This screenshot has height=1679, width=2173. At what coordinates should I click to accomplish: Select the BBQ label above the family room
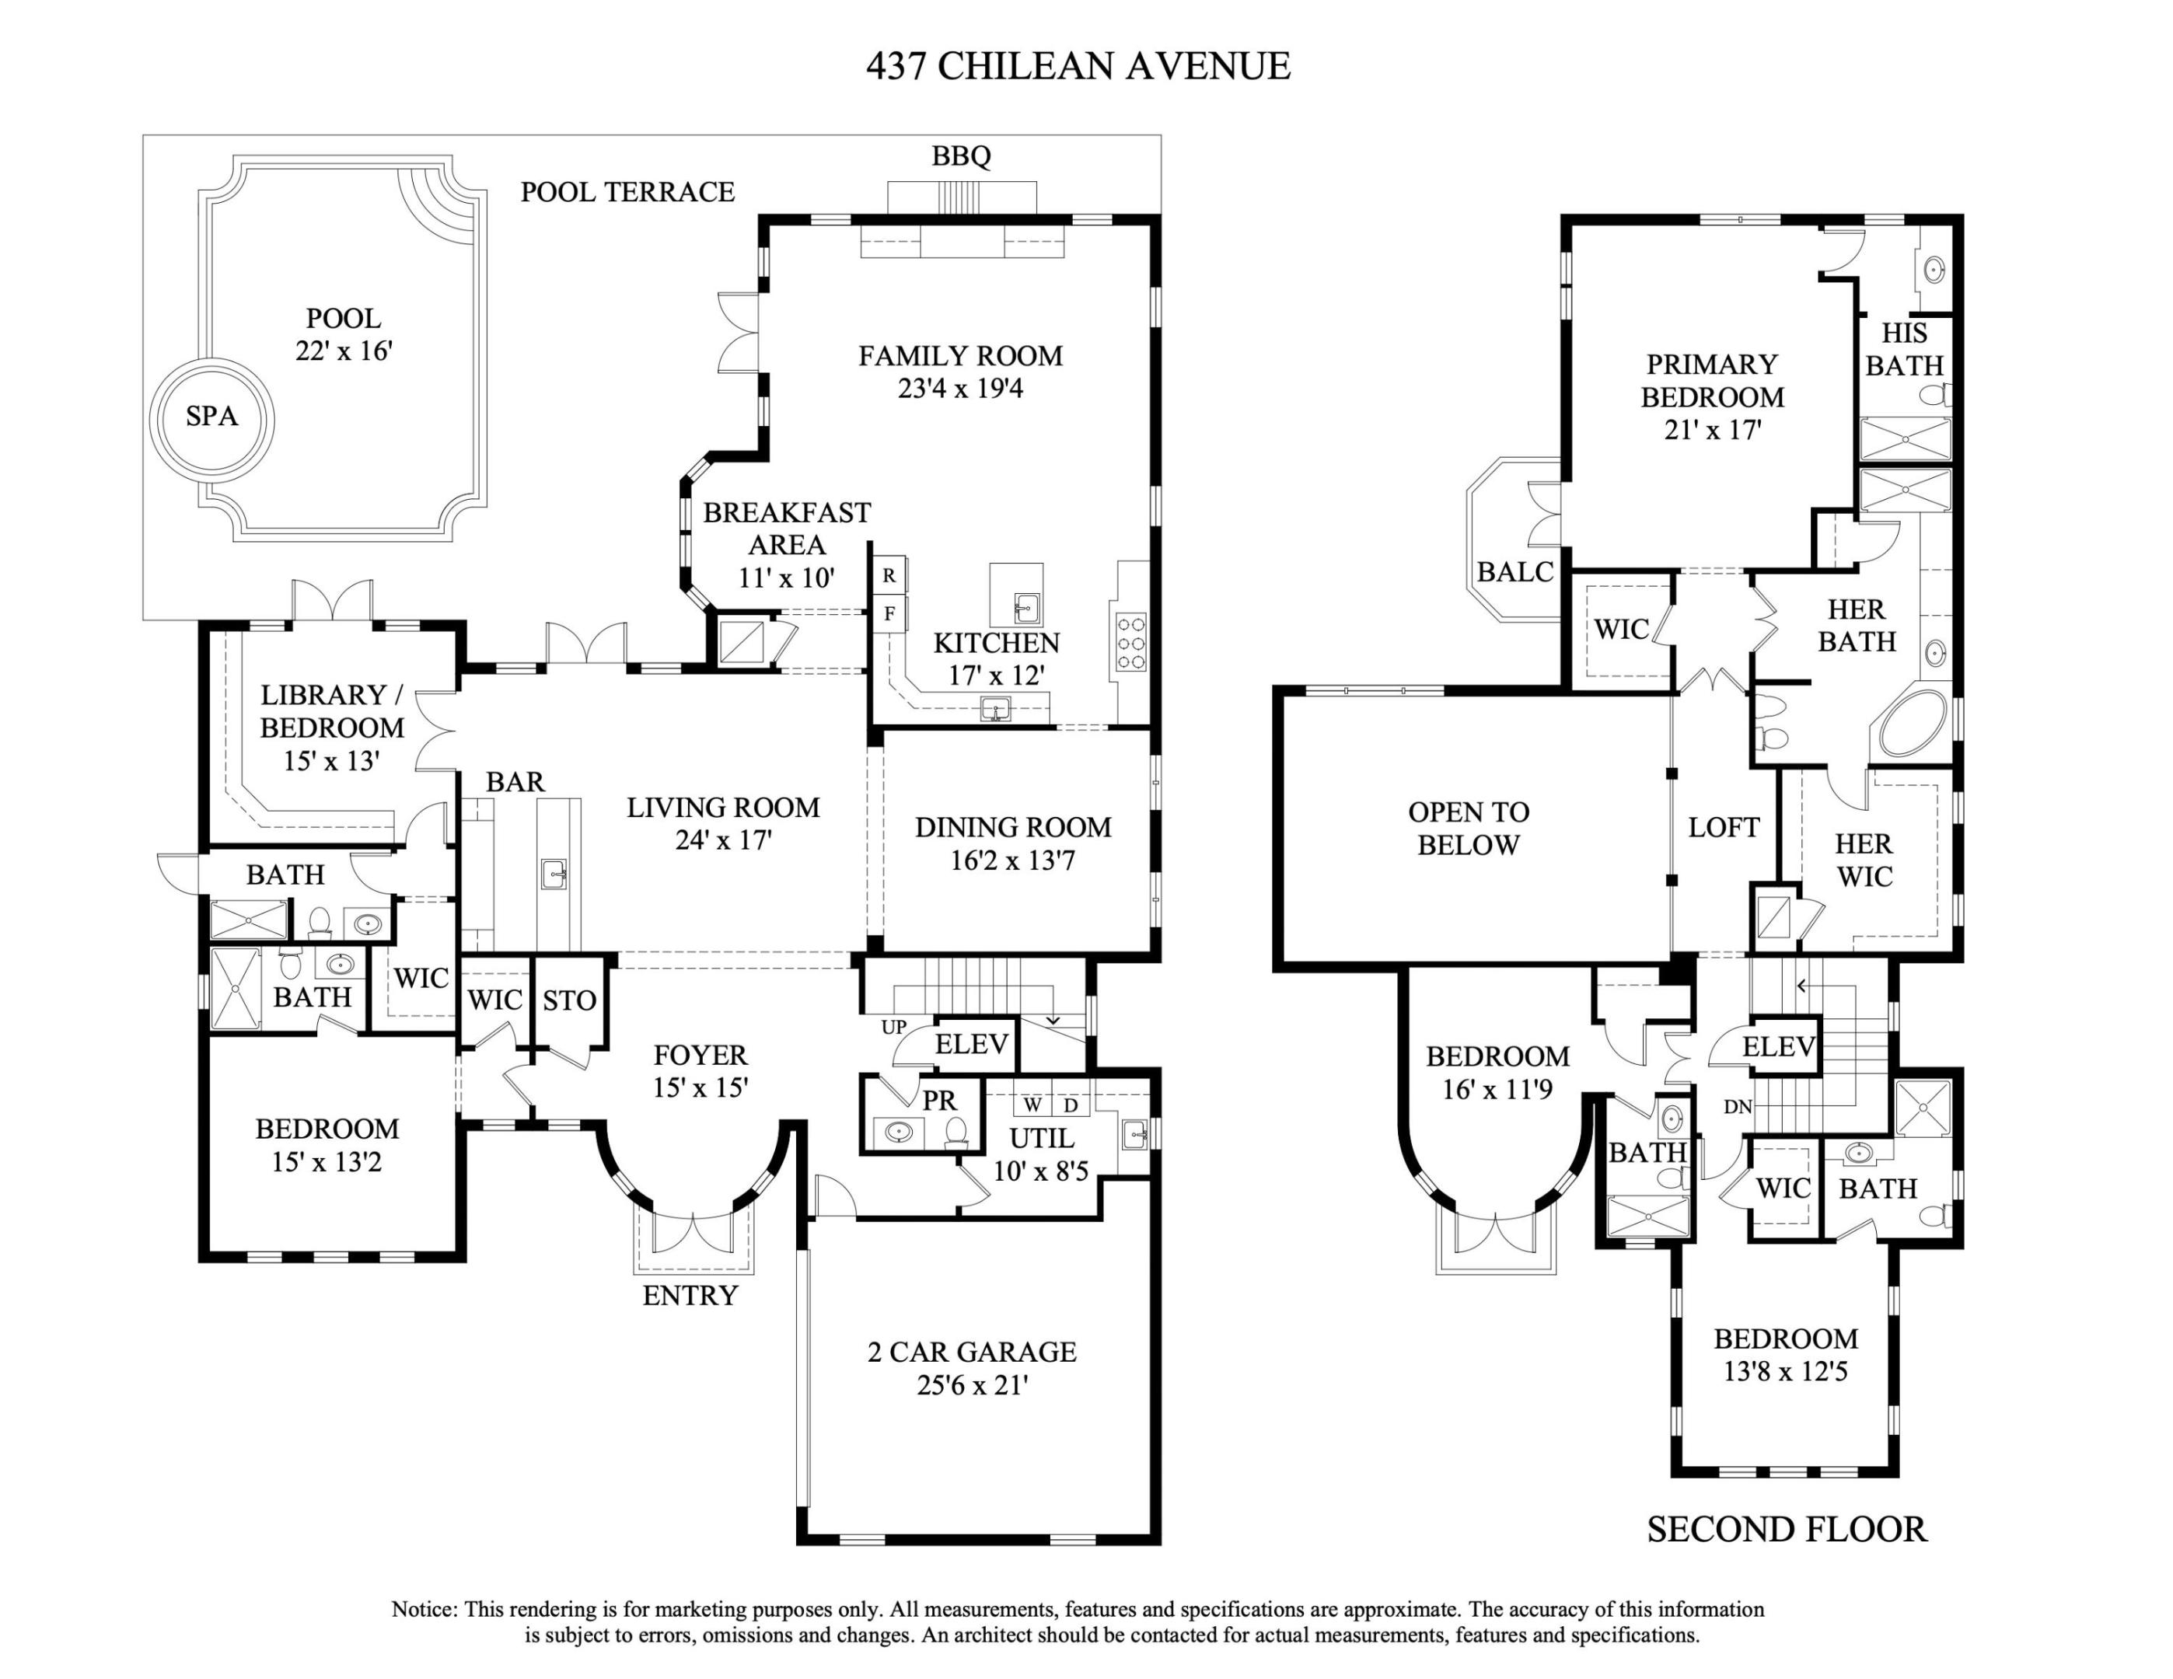pos(961,156)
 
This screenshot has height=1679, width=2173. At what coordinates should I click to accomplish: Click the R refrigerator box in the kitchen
pos(889,576)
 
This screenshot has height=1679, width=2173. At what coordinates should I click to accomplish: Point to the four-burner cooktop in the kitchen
pos(1131,644)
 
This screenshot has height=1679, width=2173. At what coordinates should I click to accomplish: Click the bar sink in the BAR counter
pos(555,874)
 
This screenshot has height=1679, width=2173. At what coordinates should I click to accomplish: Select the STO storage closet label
pos(569,1000)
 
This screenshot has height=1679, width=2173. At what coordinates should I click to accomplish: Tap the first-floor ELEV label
pos(972,1045)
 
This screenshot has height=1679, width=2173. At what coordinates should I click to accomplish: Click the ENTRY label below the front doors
pos(690,1296)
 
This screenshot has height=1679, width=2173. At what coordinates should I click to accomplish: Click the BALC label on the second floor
pos(1514,572)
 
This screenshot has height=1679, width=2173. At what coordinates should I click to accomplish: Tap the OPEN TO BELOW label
pos(1469,829)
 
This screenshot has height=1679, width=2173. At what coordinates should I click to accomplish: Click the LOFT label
pos(1724,828)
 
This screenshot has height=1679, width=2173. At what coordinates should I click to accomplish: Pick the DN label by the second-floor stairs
pos(1737,1107)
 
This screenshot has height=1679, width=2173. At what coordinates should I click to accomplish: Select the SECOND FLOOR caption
pos(1786,1530)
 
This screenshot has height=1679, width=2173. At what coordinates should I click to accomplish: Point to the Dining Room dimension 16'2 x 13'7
pos(1012,860)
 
